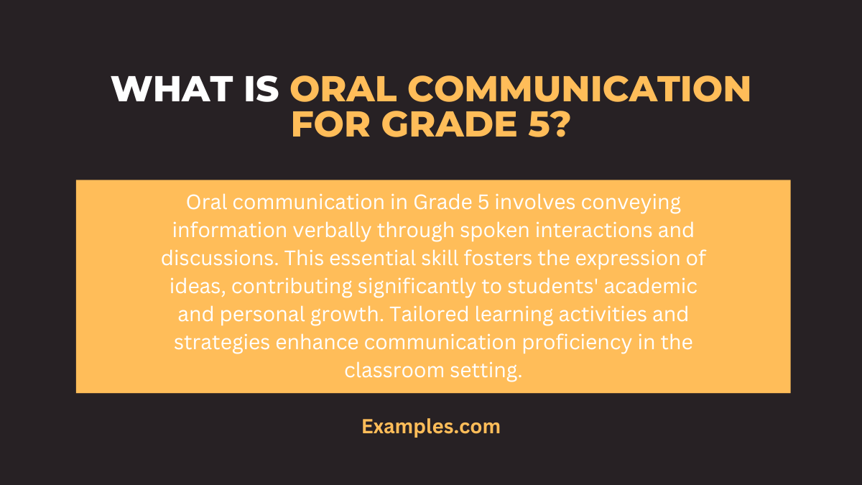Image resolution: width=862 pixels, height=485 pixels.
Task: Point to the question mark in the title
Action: [561, 126]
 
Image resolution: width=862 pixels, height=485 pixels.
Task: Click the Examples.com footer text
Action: [431, 426]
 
